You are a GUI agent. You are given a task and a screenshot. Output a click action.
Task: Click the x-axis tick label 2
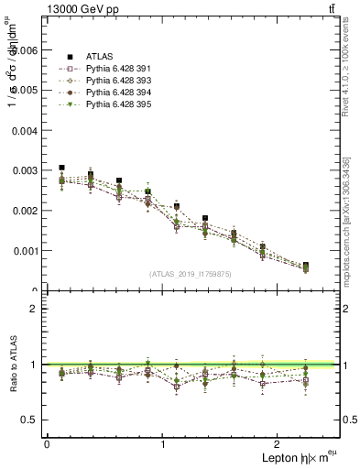(x=278, y=443)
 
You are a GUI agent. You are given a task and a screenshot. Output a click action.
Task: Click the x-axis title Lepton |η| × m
(x=298, y=457)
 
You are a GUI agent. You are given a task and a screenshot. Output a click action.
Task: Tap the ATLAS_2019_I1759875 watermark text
(x=190, y=273)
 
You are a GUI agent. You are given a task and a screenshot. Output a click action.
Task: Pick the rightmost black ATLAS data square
(x=305, y=266)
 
